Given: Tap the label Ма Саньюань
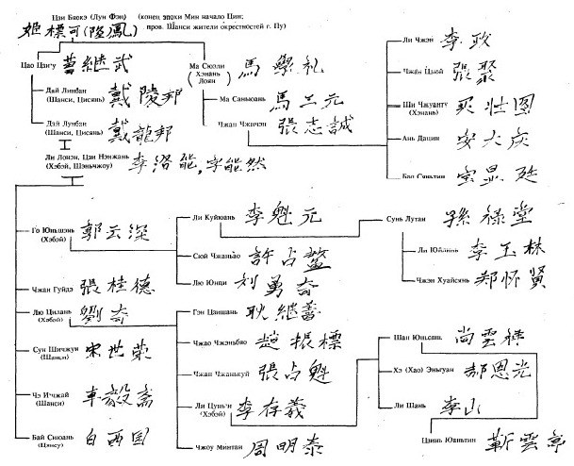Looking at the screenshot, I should [x=240, y=99].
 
